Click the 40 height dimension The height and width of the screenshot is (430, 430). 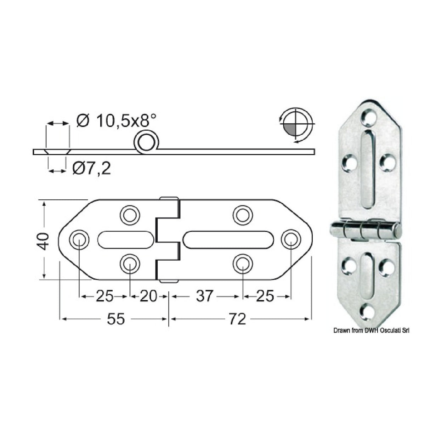tap(44, 241)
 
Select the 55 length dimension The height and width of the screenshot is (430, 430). tap(116, 319)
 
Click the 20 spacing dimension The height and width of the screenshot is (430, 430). tap(148, 296)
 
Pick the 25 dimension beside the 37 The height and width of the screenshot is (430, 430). tap(265, 296)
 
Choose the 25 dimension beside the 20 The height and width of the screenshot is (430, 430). tap(104, 296)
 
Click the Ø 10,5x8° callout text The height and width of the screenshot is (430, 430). tap(116, 121)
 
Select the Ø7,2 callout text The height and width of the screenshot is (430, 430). tap(91, 169)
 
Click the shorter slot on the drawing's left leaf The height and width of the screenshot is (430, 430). tap(125, 240)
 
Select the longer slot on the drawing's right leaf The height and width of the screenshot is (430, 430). tap(228, 240)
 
